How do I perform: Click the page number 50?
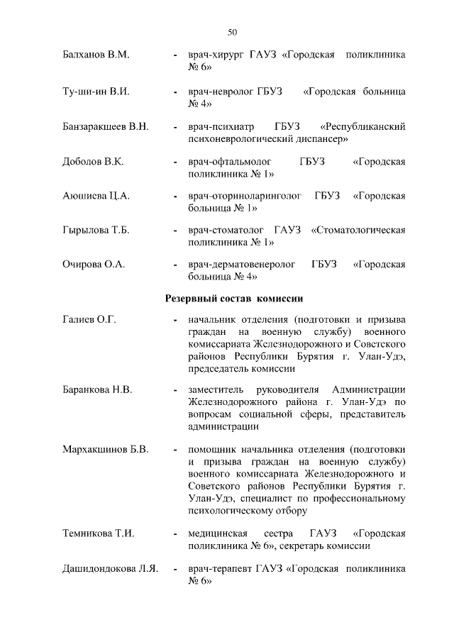(232, 32)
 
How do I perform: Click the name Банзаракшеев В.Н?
(105, 127)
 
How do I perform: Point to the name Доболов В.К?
(93, 162)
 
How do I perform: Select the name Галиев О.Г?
(89, 321)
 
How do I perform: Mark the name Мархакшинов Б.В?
(105, 449)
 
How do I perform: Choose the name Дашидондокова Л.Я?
(110, 568)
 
